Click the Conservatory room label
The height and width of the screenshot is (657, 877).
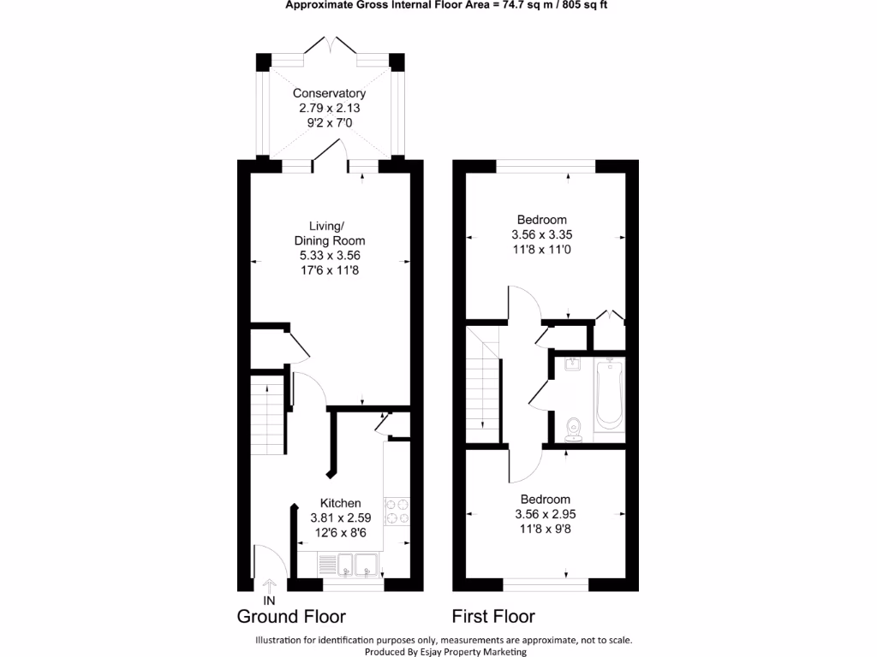pyautogui.click(x=329, y=93)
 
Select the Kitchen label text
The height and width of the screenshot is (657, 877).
pyautogui.click(x=340, y=503)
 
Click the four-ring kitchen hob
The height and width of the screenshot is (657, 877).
pyautogui.click(x=397, y=511)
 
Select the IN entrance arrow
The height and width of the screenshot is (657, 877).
pyautogui.click(x=269, y=587)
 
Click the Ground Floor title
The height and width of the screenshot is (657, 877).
pyautogui.click(x=291, y=617)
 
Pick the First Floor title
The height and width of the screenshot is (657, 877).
pyautogui.click(x=493, y=617)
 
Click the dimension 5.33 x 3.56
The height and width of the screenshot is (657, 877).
pyautogui.click(x=329, y=255)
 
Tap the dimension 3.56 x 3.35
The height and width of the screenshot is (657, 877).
pyautogui.click(x=542, y=234)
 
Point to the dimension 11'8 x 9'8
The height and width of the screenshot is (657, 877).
pyautogui.click(x=542, y=529)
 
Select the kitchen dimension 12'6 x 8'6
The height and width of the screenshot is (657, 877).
pyautogui.click(x=340, y=532)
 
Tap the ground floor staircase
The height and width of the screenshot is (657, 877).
pyautogui.click(x=267, y=419)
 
